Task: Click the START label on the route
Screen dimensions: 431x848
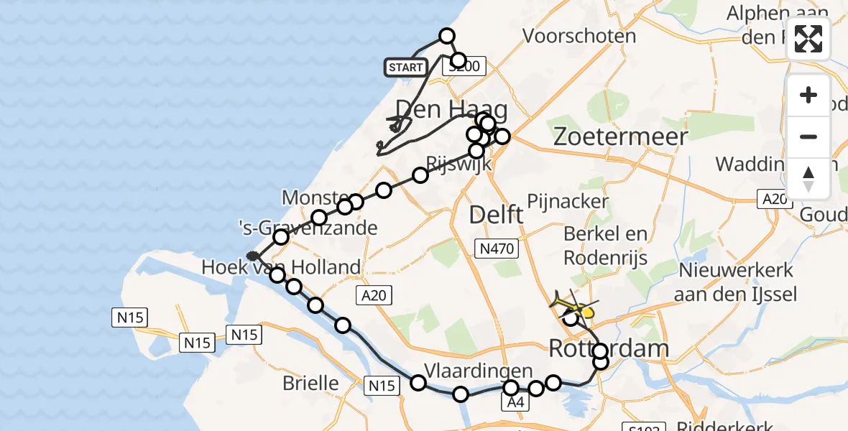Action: [405, 68]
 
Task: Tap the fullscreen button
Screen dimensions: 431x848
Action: [808, 39]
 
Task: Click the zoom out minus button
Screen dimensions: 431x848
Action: [808, 136]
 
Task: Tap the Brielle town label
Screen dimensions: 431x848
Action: [310, 383]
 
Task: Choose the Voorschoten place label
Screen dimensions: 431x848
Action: [579, 36]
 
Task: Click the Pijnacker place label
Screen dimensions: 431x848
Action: [568, 201]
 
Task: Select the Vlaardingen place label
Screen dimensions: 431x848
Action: [479, 371]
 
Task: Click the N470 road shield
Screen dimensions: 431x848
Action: [497, 249]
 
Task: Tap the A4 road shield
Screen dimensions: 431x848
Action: [515, 403]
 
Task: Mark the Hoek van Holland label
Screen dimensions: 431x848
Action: [281, 268]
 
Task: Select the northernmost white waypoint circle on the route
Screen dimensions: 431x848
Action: [447, 36]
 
